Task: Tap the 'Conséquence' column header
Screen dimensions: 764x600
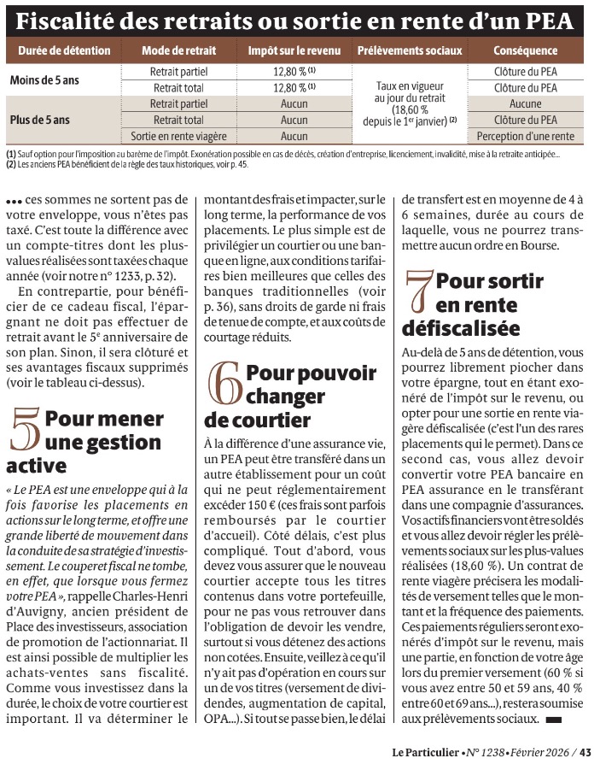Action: (x=525, y=50)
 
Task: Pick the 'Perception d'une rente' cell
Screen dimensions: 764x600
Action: (x=526, y=136)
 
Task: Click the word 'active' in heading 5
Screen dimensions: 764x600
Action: (x=36, y=466)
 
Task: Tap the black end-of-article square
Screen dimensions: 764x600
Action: (x=553, y=720)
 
